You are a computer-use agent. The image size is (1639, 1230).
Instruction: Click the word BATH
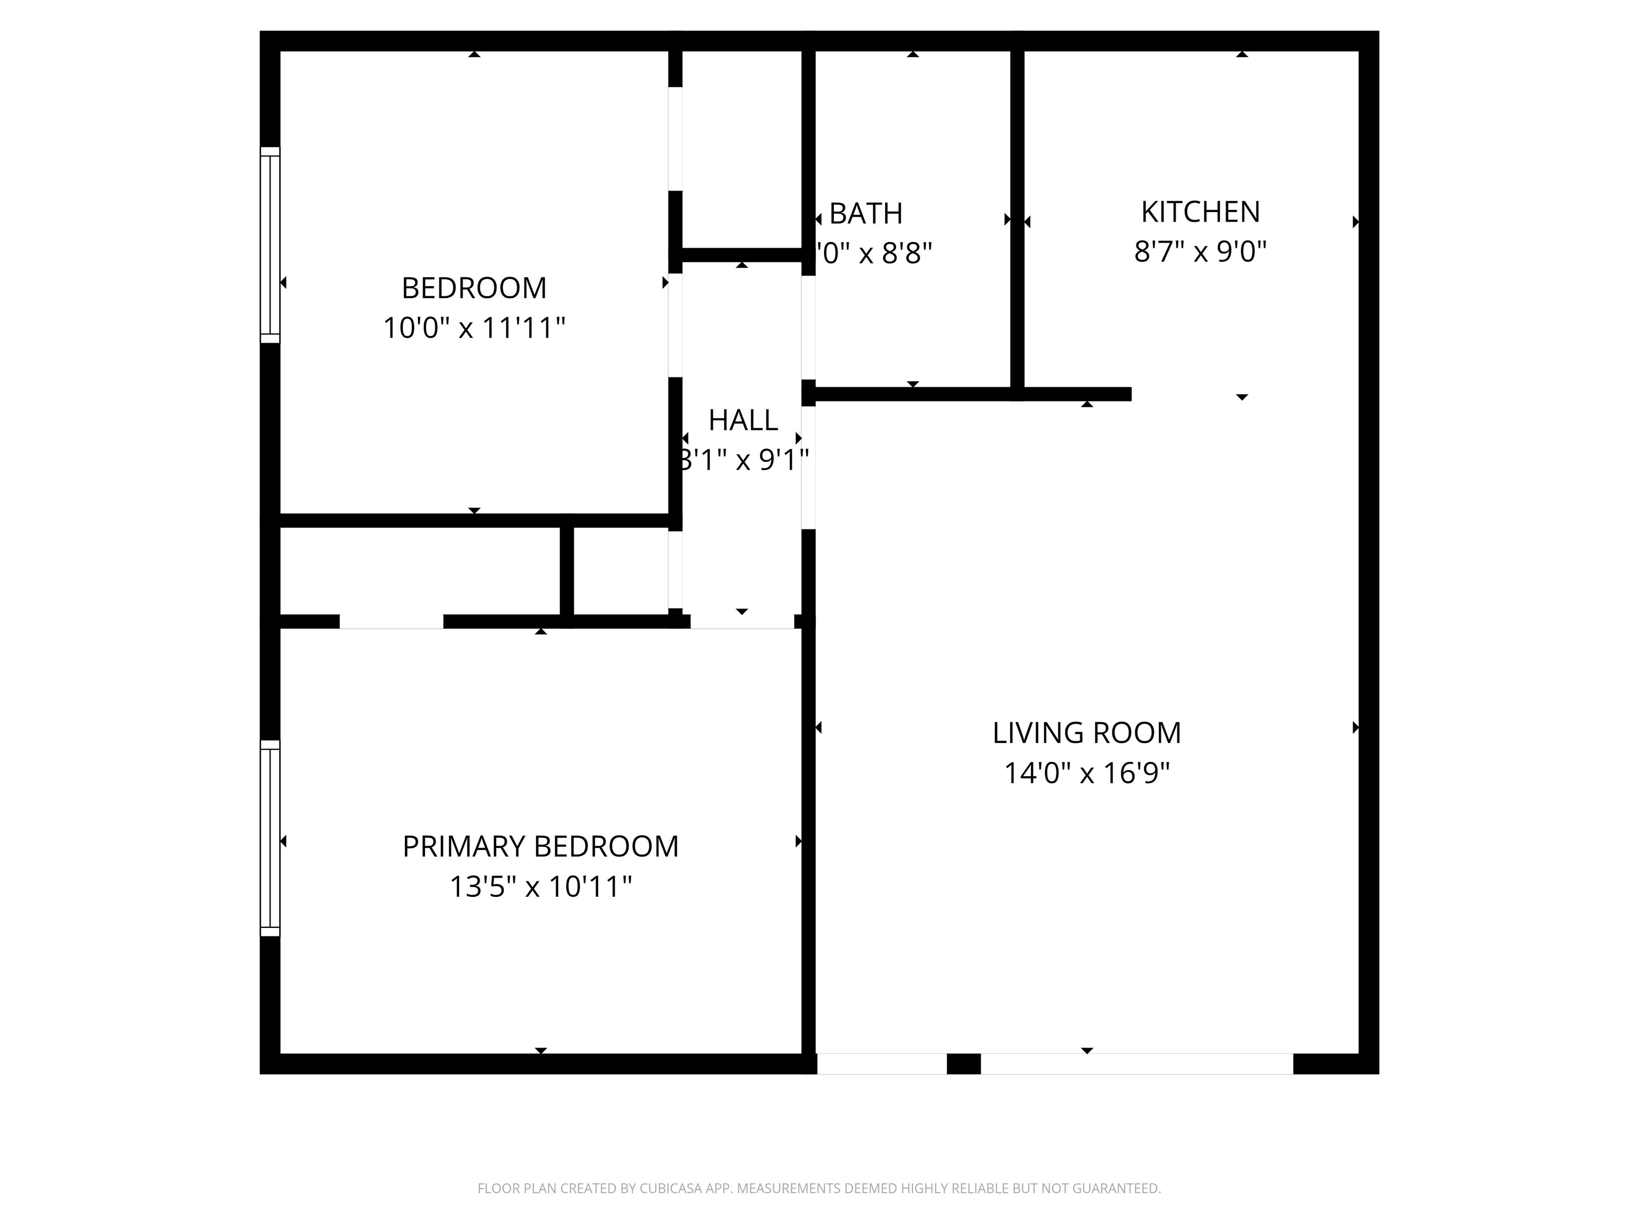[865, 214]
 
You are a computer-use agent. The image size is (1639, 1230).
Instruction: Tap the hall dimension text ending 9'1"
[743, 460]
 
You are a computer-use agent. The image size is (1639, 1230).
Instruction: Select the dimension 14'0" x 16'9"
[1086, 774]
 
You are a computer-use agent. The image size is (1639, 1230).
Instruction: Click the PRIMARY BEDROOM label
[540, 847]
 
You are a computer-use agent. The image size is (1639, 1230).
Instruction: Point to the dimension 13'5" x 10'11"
[540, 887]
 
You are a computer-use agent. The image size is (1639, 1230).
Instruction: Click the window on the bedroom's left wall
[270, 245]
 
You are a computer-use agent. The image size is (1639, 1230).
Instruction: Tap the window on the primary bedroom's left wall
[270, 838]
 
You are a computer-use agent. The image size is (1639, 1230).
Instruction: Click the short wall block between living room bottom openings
[963, 1064]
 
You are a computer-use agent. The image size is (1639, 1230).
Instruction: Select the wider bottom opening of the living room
[1136, 1064]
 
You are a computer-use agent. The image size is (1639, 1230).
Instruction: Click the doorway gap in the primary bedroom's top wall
[391, 622]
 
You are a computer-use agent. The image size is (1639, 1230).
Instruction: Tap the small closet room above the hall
[742, 148]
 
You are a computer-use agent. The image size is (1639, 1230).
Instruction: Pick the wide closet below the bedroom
[419, 571]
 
